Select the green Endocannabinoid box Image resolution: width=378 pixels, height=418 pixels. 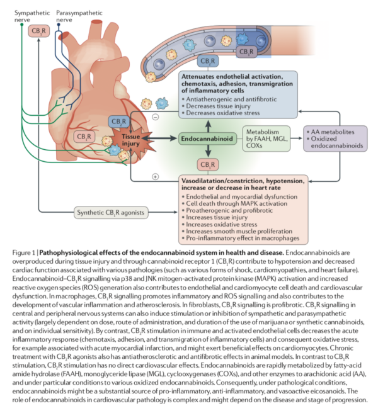[205, 136]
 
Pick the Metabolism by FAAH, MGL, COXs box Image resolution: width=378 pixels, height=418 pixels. [268, 136]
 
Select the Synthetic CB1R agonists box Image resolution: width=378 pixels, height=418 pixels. [111, 213]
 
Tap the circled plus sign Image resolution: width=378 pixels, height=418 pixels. [155, 177]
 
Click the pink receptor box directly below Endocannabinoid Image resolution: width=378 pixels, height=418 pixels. [205, 164]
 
